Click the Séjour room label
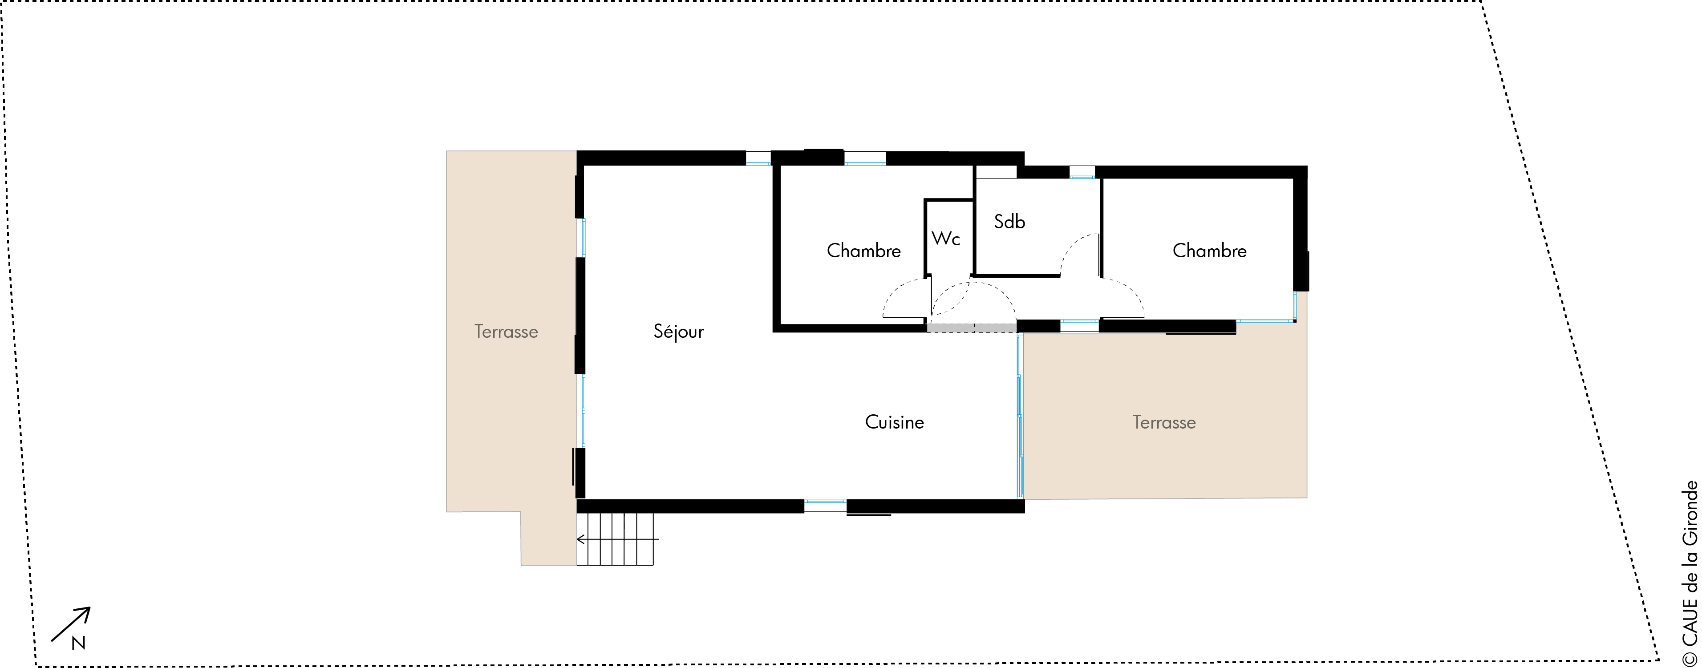point(679,331)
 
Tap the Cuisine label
point(894,422)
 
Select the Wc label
point(945,239)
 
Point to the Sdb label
point(1009,221)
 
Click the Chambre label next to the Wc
point(863,251)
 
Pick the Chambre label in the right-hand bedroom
point(1209,251)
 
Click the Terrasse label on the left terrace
point(506,332)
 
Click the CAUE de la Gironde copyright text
point(1690,573)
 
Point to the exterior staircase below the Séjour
point(615,539)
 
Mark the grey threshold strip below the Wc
point(971,328)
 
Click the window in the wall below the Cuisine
point(825,506)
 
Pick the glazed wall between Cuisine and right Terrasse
point(1020,416)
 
